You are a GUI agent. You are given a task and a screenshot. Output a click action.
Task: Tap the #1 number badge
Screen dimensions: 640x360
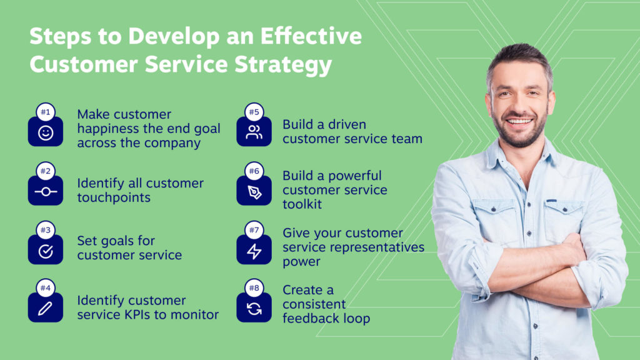[45, 112]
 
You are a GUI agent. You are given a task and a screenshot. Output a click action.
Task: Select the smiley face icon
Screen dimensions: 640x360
[45, 133]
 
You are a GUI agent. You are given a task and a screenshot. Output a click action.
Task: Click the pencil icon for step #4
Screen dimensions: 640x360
[45, 309]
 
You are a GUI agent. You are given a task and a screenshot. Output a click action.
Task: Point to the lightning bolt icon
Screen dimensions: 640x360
[254, 251]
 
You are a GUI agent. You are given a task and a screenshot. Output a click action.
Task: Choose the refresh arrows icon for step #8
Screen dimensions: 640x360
[254, 309]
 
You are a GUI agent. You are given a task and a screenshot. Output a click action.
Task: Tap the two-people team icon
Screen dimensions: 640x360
[254, 132]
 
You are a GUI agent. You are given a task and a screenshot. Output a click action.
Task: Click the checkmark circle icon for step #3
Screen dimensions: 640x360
[45, 251]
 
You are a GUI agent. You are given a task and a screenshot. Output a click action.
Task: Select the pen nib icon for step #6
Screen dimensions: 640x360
[254, 192]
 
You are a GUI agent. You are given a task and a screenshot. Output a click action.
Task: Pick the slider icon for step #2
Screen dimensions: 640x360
[45, 191]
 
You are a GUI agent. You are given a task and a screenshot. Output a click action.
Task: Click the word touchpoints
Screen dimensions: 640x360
[114, 198]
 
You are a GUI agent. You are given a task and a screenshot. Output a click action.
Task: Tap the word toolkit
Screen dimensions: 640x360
[302, 204]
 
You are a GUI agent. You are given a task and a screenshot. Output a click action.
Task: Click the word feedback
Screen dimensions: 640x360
[311, 318]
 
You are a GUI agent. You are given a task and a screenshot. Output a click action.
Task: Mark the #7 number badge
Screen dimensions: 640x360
[254, 230]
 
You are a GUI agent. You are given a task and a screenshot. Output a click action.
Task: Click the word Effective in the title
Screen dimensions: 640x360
[311, 36]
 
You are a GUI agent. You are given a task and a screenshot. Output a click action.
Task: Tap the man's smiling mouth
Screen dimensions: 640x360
[519, 122]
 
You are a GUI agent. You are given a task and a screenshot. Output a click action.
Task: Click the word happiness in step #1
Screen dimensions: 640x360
[107, 129]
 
